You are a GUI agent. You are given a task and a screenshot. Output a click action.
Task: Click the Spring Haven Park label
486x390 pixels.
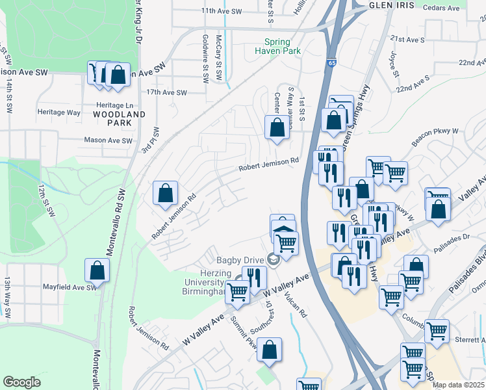pos(272,46)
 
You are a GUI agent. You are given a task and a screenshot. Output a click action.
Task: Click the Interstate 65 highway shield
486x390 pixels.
pos(332,63)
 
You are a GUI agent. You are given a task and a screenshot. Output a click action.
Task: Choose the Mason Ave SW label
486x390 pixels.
pos(109,140)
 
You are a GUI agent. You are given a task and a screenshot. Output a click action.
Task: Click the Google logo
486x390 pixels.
pos(21,382)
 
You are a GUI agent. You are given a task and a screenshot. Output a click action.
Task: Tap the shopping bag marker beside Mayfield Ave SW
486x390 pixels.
pos(97,270)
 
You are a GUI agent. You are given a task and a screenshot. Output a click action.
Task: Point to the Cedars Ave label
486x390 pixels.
pos(441,8)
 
